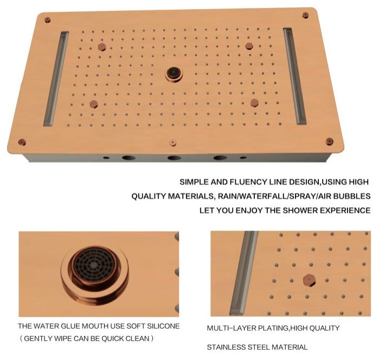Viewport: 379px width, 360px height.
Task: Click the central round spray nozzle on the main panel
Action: coord(174,74)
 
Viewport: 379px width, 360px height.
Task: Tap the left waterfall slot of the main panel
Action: coord(56,79)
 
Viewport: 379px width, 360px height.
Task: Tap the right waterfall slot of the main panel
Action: coord(294,76)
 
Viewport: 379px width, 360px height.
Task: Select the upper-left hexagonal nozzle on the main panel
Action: coord(102,47)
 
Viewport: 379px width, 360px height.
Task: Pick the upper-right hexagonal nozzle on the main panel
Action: coord(249,46)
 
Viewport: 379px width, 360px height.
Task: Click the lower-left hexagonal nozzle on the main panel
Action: coord(94,104)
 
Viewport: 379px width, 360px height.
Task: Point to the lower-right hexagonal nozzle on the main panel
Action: coord(254,103)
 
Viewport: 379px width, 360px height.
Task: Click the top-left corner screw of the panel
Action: coord(48,20)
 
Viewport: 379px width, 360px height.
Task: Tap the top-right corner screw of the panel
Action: coord(305,15)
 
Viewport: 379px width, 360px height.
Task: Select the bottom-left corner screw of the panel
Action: coord(22,142)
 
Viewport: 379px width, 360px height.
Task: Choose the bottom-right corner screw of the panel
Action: coord(330,142)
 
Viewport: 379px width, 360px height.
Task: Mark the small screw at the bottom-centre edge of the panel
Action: coord(172,143)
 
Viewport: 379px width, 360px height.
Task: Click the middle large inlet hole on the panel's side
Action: coord(174,158)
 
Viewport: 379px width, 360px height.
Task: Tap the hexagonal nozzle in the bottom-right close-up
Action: coord(310,280)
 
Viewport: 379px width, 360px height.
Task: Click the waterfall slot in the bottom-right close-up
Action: coord(244,273)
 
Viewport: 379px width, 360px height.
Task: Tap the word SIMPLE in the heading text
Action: coord(194,182)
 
